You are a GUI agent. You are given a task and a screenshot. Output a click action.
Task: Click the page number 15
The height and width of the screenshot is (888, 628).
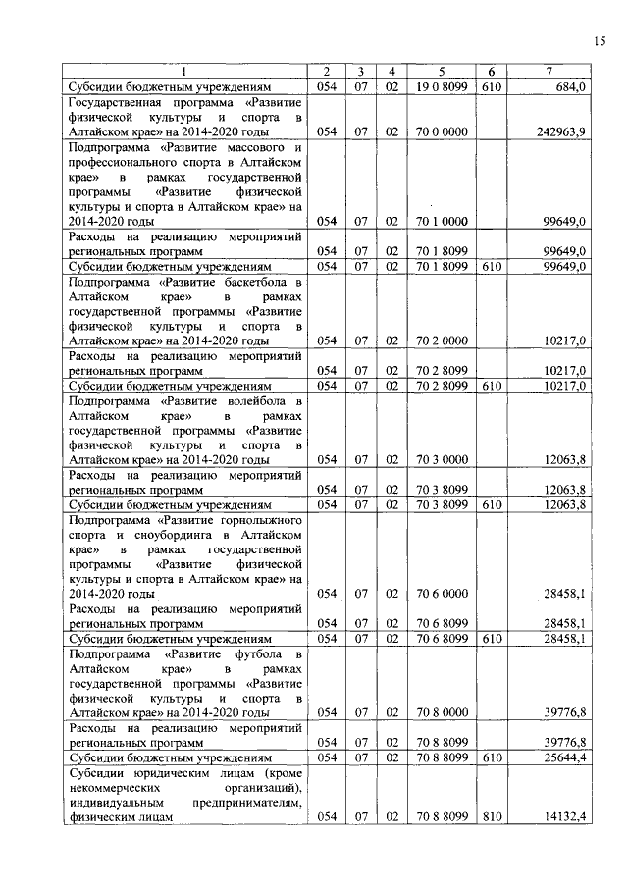(x=600, y=40)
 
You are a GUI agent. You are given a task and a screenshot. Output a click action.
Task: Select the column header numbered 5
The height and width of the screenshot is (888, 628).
(x=442, y=72)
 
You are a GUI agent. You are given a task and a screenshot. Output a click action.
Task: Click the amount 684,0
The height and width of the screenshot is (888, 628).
(x=571, y=87)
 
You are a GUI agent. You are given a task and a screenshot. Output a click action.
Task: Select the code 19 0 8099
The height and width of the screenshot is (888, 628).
(x=442, y=87)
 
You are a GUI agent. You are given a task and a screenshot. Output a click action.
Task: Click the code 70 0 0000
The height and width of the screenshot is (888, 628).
(x=442, y=131)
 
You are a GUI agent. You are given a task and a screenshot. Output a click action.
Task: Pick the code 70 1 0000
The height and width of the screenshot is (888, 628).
(x=442, y=222)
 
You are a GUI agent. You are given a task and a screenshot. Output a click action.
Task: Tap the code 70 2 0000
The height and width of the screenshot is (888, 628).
(x=442, y=340)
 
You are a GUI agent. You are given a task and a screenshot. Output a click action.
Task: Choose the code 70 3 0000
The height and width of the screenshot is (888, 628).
(x=442, y=459)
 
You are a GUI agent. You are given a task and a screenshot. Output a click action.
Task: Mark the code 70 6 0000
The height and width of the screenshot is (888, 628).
(x=442, y=593)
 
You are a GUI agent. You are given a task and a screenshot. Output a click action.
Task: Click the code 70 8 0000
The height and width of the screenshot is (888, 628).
(x=442, y=711)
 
